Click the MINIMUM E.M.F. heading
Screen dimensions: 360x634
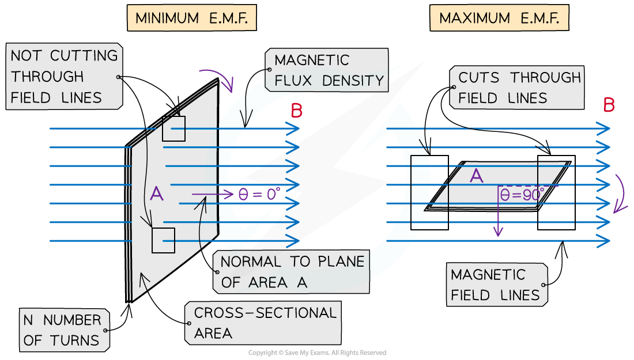[191, 18]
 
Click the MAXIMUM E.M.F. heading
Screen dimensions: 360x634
[499, 18]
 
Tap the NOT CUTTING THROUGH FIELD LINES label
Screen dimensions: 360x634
[64, 77]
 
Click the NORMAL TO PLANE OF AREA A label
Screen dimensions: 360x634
[292, 272]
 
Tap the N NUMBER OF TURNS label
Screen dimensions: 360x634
[62, 330]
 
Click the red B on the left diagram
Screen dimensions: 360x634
[296, 111]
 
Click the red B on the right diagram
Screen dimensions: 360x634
[609, 105]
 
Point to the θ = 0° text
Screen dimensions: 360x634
[259, 194]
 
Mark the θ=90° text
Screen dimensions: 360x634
[522, 195]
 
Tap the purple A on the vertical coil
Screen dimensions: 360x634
[156, 194]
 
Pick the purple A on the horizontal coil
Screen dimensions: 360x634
[476, 176]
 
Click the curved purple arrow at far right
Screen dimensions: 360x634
[620, 193]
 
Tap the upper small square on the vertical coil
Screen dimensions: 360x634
[173, 129]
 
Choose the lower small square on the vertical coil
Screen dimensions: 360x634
[163, 240]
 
